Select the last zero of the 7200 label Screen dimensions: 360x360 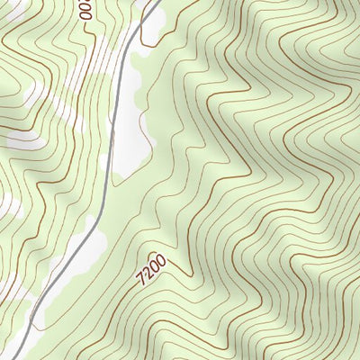pyautogui.click(x=162, y=260)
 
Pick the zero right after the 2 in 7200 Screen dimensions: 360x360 pyautogui.click(x=156, y=265)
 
